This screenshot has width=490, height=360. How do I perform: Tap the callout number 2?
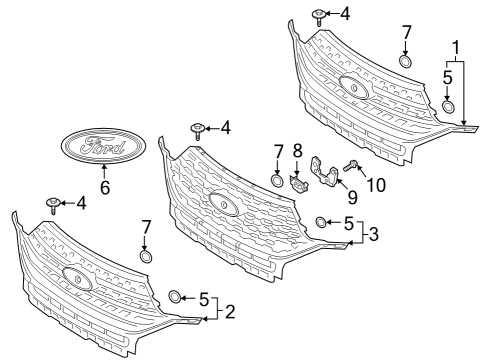pyautogui.click(x=229, y=312)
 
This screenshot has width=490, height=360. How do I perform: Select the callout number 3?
pyautogui.click(x=374, y=235)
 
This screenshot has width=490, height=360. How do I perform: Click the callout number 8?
pyautogui.click(x=297, y=150)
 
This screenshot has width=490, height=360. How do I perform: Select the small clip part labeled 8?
pyautogui.click(x=297, y=180)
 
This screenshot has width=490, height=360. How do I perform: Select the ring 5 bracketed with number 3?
pyautogui.click(x=320, y=221)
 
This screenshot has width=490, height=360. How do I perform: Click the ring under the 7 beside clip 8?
pyautogui.click(x=277, y=181)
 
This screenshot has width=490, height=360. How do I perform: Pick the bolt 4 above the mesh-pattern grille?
pyautogui.click(x=198, y=129)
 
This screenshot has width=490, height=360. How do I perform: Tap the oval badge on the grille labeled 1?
pyautogui.click(x=351, y=86)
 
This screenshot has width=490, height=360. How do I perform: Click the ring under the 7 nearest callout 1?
pyautogui.click(x=406, y=63)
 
